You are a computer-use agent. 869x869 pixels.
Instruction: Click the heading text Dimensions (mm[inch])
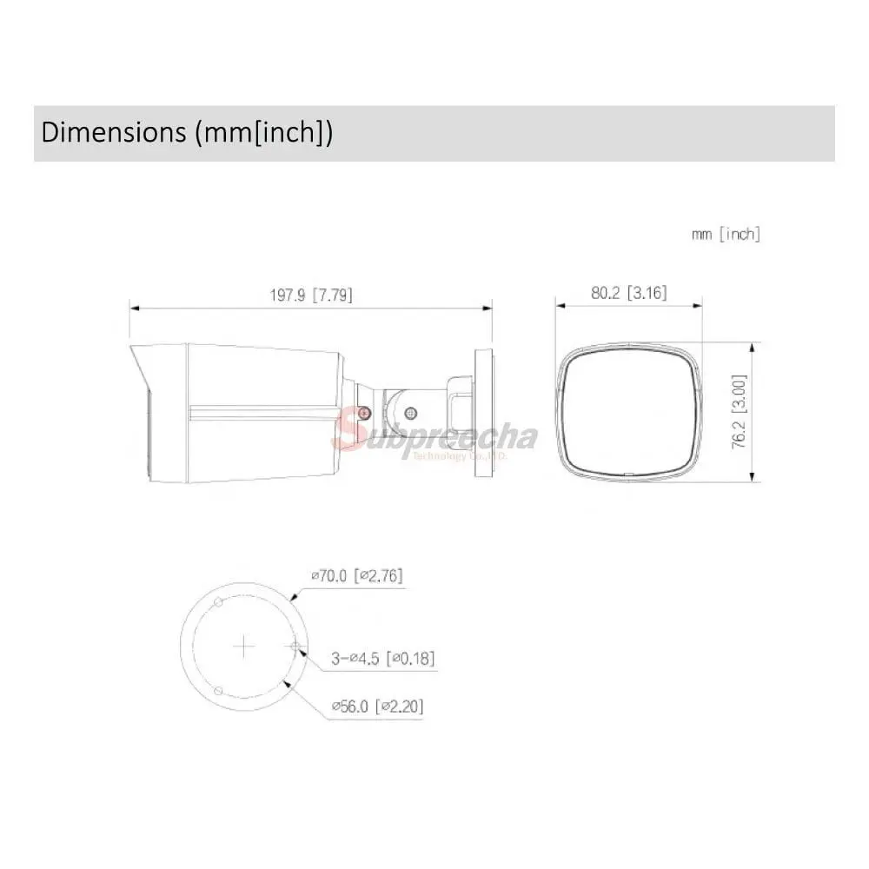click(187, 133)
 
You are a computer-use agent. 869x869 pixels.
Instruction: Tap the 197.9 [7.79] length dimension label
click(311, 295)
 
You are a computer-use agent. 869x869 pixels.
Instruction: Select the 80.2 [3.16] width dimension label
click(628, 293)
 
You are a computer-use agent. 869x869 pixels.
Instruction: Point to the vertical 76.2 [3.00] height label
click(740, 411)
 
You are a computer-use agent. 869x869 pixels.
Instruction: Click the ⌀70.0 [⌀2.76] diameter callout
click(357, 576)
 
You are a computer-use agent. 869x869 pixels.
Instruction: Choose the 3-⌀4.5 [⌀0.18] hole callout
click(383, 659)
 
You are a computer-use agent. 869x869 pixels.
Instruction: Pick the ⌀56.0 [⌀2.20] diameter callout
click(377, 706)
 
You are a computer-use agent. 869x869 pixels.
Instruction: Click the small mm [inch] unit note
click(726, 235)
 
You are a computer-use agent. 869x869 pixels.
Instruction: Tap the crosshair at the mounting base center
click(244, 647)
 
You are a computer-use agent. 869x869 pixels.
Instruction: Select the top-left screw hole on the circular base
click(218, 602)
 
